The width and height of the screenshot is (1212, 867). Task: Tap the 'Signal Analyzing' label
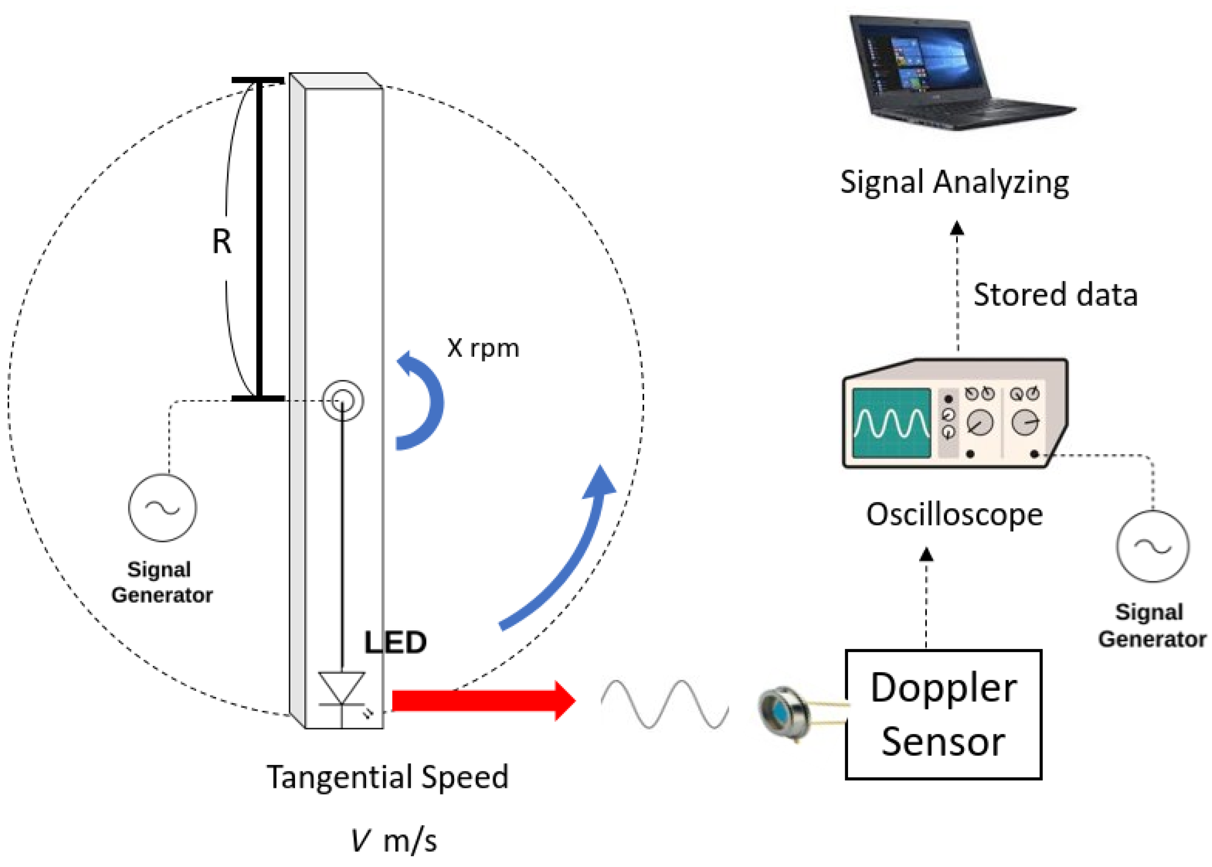pos(954,183)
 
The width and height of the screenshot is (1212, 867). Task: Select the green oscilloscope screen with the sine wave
pos(891,423)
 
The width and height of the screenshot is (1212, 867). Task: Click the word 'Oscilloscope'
pos(954,515)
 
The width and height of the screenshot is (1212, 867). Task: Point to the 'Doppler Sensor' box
pos(943,714)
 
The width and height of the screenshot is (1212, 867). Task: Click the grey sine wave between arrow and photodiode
pos(664,704)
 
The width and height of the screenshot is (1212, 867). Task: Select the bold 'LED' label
pos(395,642)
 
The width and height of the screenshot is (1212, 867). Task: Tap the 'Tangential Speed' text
pos(387,777)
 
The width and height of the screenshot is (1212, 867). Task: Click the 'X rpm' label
pos(483,348)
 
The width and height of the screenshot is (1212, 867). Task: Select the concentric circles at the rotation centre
pos(342,400)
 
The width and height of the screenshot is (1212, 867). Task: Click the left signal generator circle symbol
pos(162,507)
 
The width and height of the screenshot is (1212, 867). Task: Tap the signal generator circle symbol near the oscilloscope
pos(1152,546)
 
